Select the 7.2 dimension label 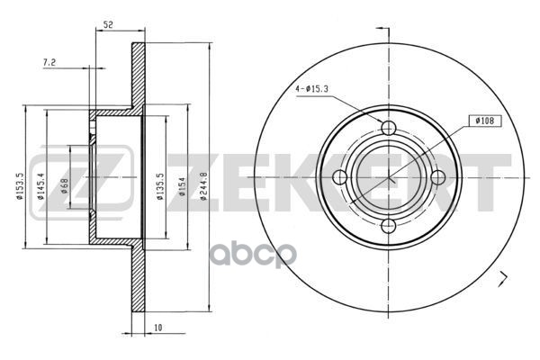coord(50,62)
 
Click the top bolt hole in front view coord(388,127)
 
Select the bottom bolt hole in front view coord(388,225)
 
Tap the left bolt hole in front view coord(339,176)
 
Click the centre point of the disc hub coord(388,176)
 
